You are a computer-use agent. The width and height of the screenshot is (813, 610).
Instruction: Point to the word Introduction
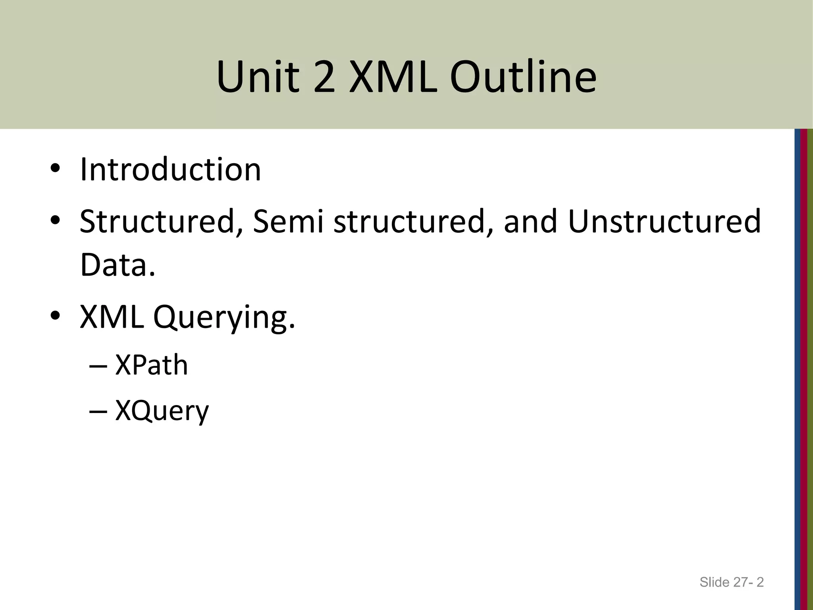pos(170,170)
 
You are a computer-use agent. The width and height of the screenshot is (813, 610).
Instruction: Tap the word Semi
pos(288,221)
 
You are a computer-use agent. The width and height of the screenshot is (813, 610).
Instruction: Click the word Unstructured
pos(665,221)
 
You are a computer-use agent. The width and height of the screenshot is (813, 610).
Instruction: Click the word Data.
pos(118,265)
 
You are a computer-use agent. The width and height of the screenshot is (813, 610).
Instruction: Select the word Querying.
pos(224,318)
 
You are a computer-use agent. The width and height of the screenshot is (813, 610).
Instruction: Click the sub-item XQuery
pos(162,411)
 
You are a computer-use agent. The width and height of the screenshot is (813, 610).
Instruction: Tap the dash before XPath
pos(98,367)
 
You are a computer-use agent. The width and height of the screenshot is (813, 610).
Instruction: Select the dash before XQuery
pos(98,412)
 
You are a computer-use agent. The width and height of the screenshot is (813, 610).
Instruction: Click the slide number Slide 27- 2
pos(731,582)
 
